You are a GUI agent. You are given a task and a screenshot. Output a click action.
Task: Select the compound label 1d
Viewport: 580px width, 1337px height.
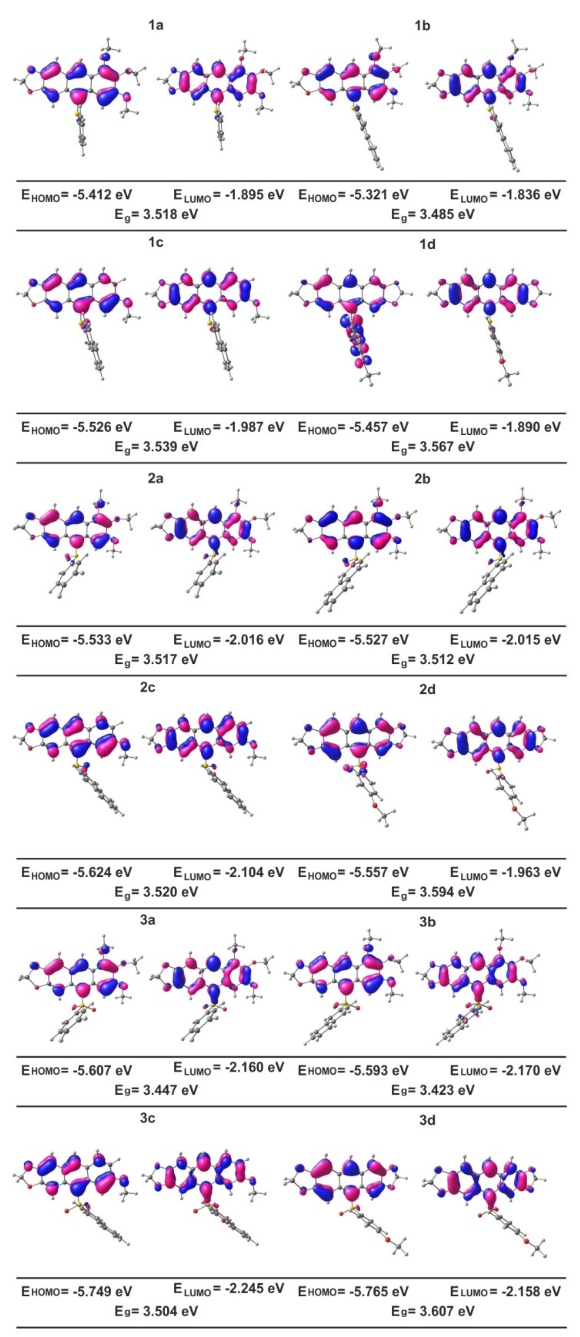427,244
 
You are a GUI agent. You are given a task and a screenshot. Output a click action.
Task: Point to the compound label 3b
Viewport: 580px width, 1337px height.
427,922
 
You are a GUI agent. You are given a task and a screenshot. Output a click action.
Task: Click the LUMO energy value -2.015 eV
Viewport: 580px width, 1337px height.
526,639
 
